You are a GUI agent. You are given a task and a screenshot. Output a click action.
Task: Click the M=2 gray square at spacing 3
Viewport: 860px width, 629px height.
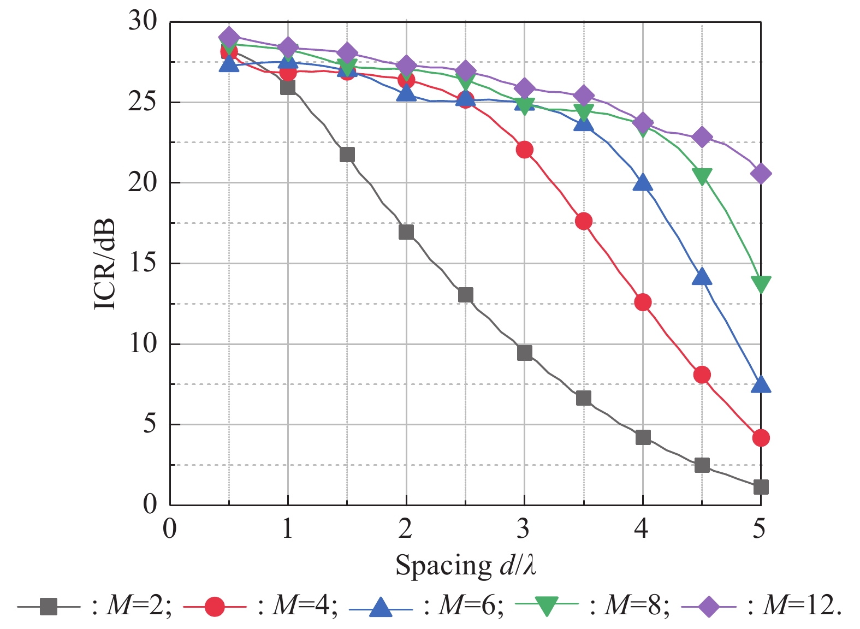click(524, 353)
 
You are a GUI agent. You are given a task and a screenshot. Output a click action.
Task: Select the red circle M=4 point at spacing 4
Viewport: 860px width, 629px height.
click(643, 302)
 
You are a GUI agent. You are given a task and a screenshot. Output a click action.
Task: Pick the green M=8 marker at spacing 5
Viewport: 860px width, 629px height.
click(761, 284)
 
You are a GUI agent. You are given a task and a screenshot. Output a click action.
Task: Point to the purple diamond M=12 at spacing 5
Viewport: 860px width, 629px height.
click(761, 174)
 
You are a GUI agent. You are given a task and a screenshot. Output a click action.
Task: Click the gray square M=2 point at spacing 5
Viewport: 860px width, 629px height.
click(761, 487)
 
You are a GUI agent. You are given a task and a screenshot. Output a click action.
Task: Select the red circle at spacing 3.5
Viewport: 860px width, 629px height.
click(584, 221)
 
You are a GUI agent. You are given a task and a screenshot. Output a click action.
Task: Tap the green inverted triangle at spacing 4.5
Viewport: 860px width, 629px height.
click(702, 176)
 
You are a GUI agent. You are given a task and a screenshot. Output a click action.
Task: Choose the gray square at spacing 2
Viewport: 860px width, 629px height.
click(406, 232)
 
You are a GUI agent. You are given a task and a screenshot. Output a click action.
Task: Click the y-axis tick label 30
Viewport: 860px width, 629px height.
click(143, 22)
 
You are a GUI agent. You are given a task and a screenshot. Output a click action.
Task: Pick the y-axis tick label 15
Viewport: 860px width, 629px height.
click(143, 264)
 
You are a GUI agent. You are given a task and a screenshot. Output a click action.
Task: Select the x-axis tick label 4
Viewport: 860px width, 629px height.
click(642, 529)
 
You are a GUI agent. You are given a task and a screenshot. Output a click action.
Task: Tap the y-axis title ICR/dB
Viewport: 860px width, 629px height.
click(104, 265)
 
